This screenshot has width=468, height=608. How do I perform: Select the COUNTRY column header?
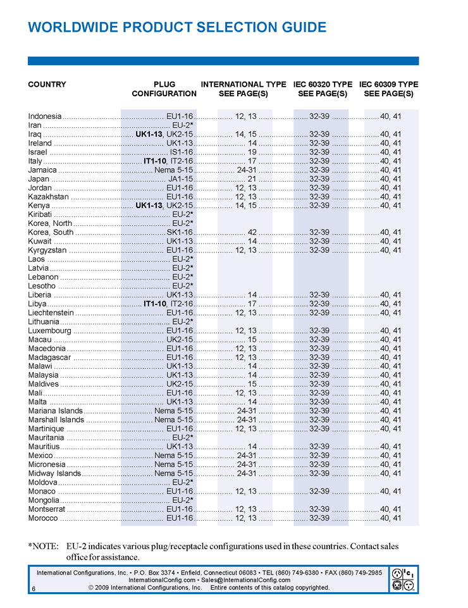pos(47,84)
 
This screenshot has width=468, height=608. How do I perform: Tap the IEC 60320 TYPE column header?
pos(323,84)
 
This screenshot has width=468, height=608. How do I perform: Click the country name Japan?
pos(39,178)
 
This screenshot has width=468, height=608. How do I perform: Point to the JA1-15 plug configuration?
pos(180,178)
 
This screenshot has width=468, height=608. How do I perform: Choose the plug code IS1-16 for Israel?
pos(181,152)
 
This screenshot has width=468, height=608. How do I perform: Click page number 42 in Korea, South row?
pos(252,232)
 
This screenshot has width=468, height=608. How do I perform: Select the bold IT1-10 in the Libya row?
pos(155,304)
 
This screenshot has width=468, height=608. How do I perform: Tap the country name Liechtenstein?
pos(51,313)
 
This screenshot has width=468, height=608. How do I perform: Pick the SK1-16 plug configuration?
pos(180,232)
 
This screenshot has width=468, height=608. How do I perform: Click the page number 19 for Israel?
pos(252,152)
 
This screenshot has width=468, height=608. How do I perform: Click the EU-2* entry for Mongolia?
pos(183,500)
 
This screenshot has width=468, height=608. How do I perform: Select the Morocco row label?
pos(43,518)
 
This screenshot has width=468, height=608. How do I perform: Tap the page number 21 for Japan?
pos(252,178)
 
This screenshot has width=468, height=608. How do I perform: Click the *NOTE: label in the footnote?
pos(43,546)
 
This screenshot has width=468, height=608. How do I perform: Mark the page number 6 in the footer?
pos(32,588)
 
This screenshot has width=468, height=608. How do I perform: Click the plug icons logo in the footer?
pos(403,579)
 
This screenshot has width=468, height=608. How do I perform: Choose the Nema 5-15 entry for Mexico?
pos(173,456)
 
